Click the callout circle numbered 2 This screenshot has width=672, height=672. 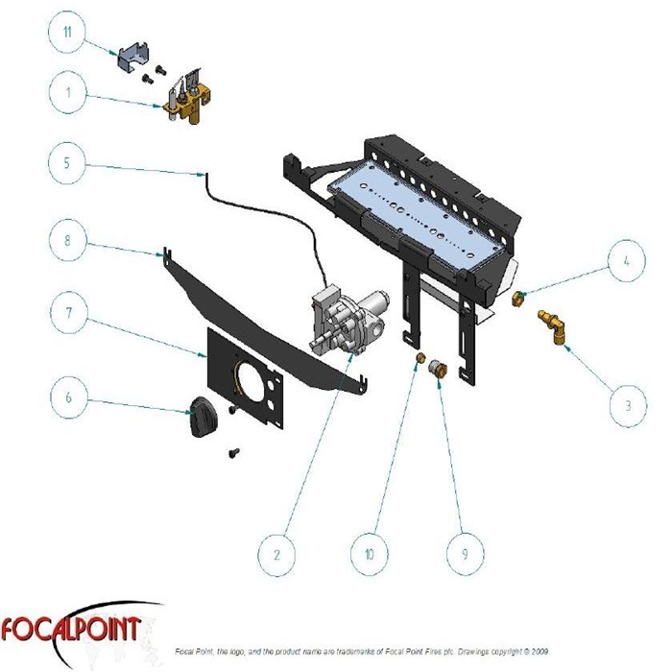[276, 554]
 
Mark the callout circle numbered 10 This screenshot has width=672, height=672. [370, 554]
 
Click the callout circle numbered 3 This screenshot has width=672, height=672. [628, 404]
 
